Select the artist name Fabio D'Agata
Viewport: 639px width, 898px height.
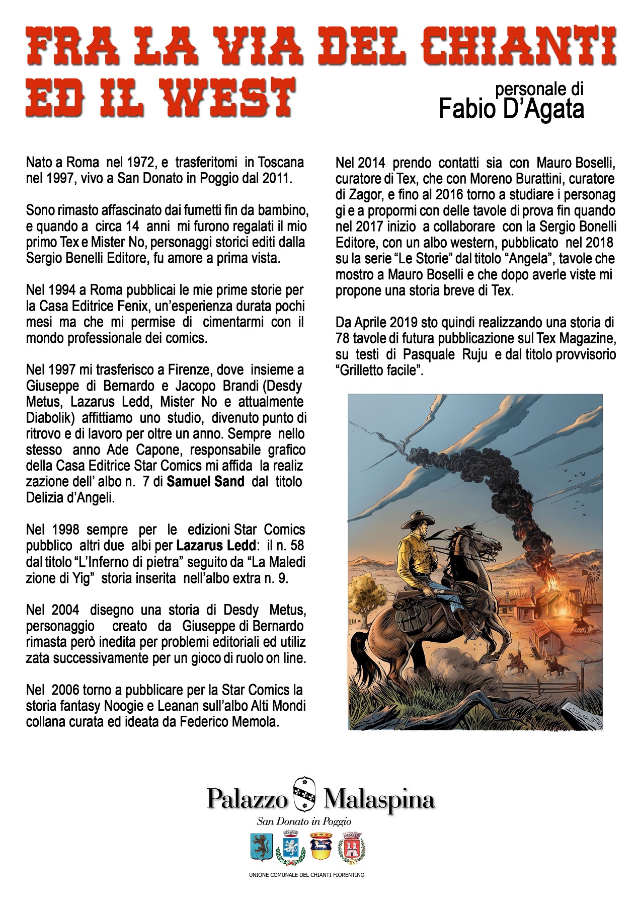[511, 108]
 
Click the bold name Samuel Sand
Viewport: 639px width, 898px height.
[205, 482]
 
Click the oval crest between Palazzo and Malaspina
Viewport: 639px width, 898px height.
[304, 795]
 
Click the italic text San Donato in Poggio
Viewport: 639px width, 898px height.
[304, 821]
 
